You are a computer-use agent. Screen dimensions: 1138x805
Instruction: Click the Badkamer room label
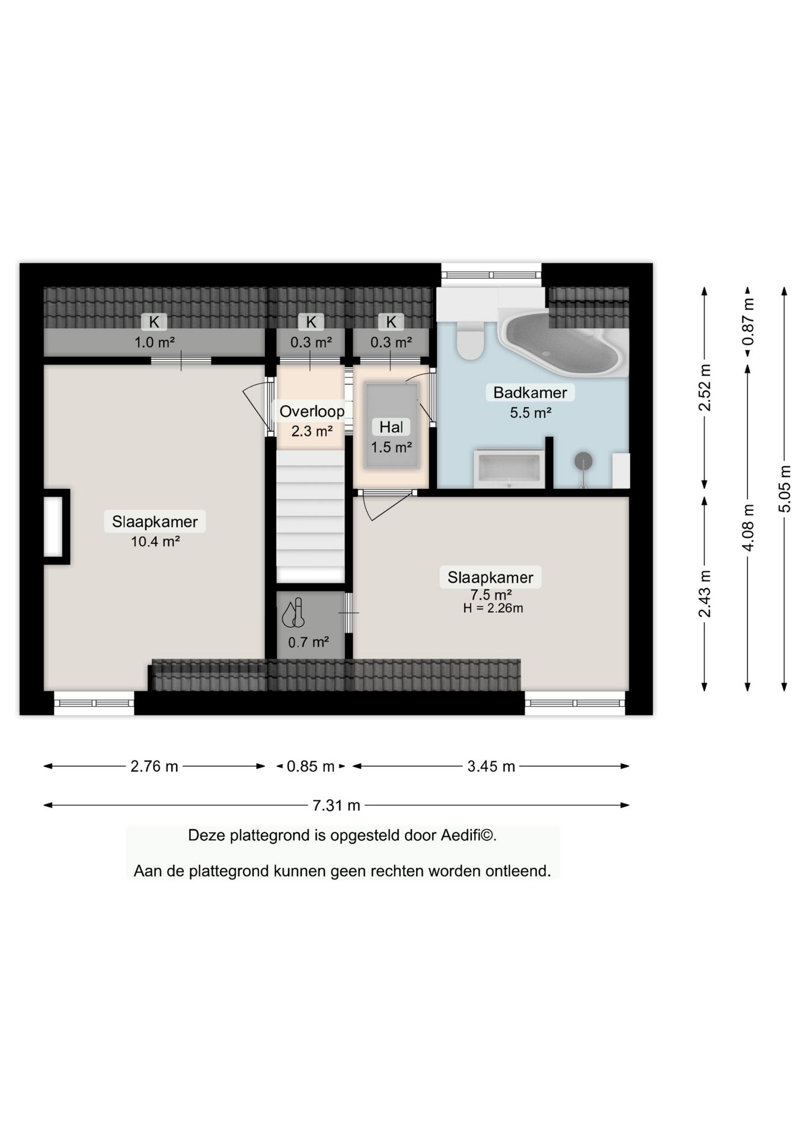coord(530,392)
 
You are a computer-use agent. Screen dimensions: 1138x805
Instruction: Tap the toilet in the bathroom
coord(471,341)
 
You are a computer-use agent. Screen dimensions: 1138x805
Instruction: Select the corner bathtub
coord(560,344)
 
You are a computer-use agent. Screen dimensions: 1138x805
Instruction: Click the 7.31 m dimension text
coord(336,805)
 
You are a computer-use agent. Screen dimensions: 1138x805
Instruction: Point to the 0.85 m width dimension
coord(311,766)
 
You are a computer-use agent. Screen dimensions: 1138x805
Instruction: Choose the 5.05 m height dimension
coord(784,489)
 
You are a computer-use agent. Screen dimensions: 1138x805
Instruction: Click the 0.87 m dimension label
coord(748,322)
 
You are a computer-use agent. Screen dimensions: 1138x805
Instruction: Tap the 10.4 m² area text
coord(155,541)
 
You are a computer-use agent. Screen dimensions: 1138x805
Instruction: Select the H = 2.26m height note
coord(493,608)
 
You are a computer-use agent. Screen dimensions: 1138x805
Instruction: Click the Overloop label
coord(312,411)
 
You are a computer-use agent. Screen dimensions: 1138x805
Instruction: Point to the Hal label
coord(391,427)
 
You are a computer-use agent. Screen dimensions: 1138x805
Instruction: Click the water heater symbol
coord(293,613)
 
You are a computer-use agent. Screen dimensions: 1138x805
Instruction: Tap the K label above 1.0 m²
coord(154,322)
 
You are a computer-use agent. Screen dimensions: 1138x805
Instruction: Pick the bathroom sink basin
coord(509,469)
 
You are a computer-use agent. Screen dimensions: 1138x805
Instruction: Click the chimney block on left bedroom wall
coord(55,526)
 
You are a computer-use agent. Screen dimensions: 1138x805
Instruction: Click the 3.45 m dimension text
coord(491,766)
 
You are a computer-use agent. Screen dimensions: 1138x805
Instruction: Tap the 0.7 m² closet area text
coord(308,642)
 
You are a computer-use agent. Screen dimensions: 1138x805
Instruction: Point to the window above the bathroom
coord(491,274)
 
